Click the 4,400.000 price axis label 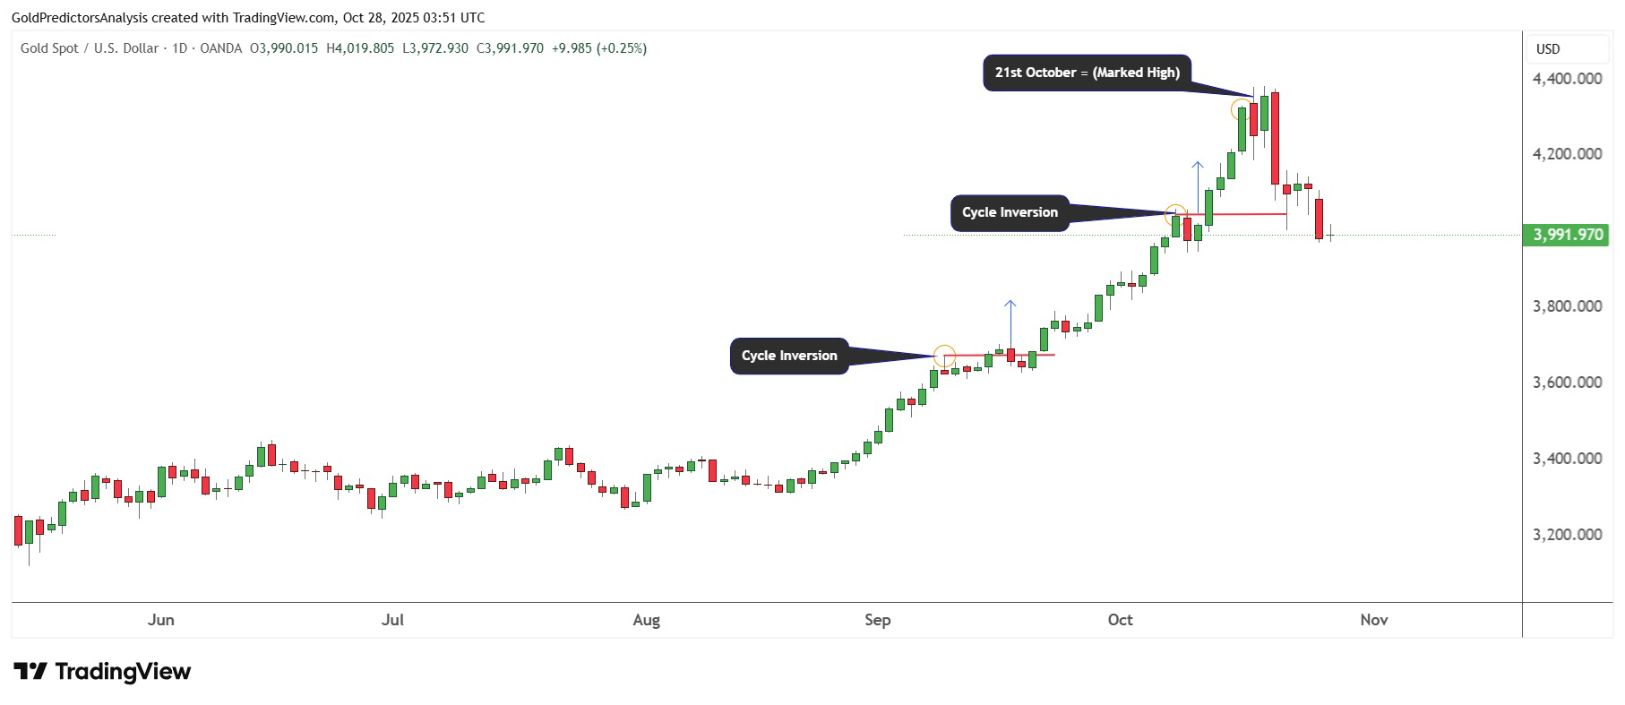click(1567, 79)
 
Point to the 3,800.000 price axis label click(1567, 306)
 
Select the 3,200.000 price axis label click(1567, 535)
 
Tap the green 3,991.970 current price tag click(1567, 235)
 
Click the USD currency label click(1548, 49)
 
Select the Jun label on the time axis click(161, 620)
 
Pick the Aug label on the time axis click(646, 620)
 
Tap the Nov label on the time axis click(1373, 620)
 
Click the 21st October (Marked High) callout click(1087, 73)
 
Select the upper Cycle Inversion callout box click(1010, 212)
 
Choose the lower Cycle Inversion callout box click(789, 356)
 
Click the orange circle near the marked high click(1241, 110)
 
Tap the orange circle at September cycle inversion click(944, 356)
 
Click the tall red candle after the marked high click(1275, 138)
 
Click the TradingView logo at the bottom click(102, 672)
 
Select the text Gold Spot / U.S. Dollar click(90, 48)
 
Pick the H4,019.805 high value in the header click(360, 48)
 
